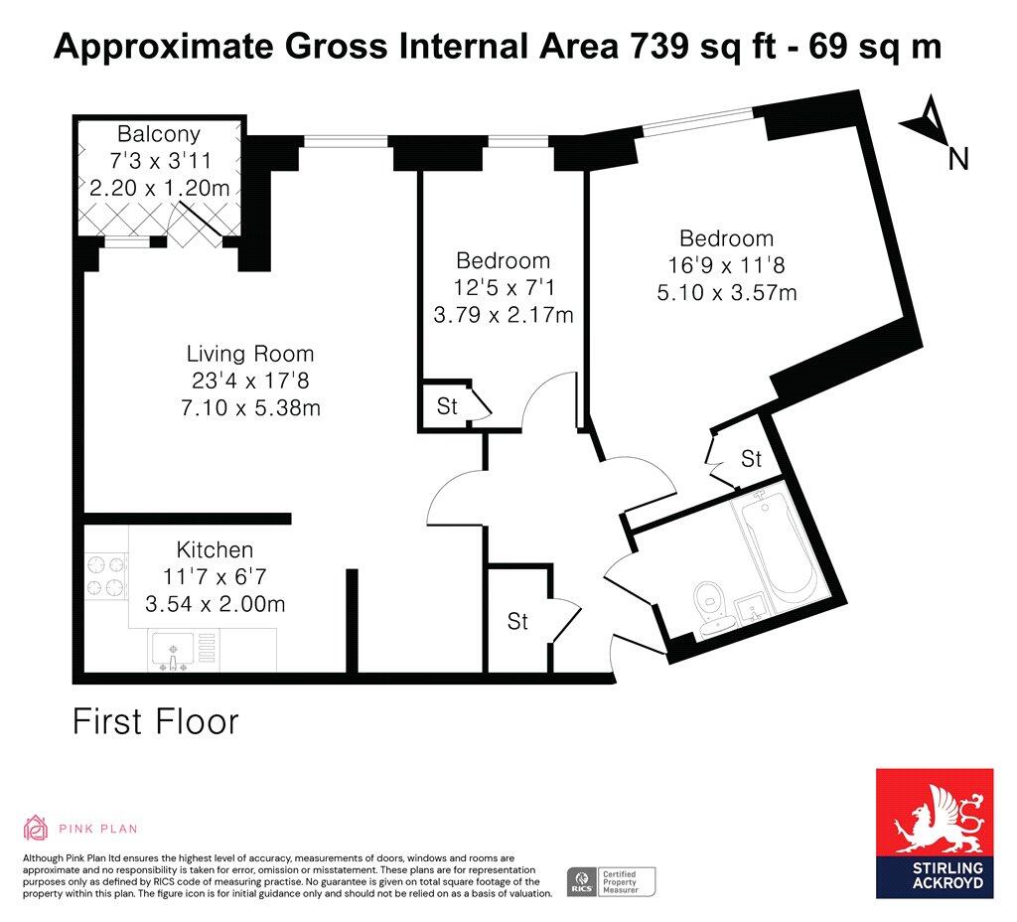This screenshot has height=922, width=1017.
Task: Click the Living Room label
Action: pyautogui.click(x=250, y=354)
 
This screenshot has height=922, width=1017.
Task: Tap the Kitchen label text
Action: pyautogui.click(x=215, y=549)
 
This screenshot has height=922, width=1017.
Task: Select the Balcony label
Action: pyautogui.click(x=159, y=134)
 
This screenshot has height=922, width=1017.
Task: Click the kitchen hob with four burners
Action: pyautogui.click(x=106, y=575)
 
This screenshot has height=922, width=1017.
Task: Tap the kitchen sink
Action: pyautogui.click(x=173, y=652)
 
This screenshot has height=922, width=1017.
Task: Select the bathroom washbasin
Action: pyautogui.click(x=754, y=609)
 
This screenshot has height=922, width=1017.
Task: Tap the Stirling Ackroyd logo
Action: pyautogui.click(x=935, y=834)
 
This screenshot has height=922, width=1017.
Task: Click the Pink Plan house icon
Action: pyautogui.click(x=35, y=828)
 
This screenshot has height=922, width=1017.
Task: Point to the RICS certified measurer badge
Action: pyautogui.click(x=611, y=882)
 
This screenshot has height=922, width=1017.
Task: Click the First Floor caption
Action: pyautogui.click(x=156, y=722)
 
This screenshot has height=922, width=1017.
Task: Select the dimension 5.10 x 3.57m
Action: pyautogui.click(x=726, y=293)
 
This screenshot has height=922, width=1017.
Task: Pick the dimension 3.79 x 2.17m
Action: pyautogui.click(x=504, y=315)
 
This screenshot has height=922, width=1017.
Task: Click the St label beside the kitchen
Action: pyautogui.click(x=517, y=622)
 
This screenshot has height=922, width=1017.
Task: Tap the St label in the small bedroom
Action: pyautogui.click(x=447, y=406)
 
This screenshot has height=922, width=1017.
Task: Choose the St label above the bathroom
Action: pyautogui.click(x=751, y=459)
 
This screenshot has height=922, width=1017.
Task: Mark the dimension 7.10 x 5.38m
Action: pyautogui.click(x=250, y=408)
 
